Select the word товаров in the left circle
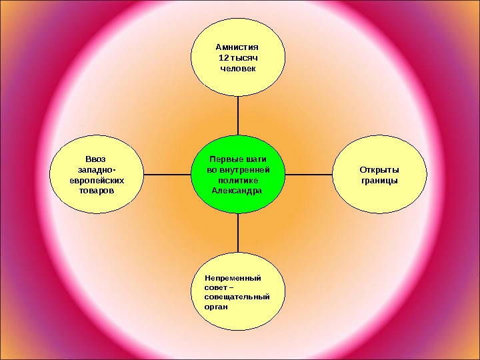(95, 191)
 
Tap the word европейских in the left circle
(97, 180)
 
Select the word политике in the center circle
(238, 180)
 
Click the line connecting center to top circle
(239, 116)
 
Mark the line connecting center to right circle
(305, 175)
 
